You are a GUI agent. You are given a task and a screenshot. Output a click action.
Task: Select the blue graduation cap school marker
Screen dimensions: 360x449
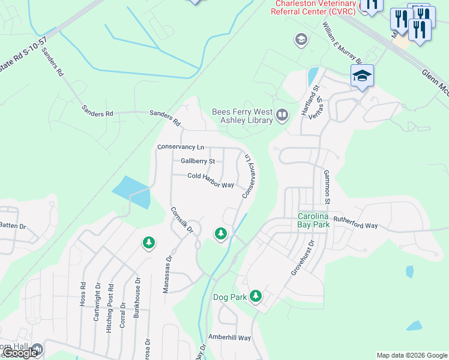coord(362,76)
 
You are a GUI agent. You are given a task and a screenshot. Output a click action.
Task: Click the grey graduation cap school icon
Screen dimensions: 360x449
coord(301,40)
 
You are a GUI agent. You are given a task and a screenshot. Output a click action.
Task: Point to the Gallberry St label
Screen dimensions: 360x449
coord(197,161)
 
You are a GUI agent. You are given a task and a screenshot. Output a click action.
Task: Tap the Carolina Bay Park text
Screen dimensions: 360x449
coord(315,221)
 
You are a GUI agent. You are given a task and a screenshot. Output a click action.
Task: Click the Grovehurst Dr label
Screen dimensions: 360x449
coord(302,258)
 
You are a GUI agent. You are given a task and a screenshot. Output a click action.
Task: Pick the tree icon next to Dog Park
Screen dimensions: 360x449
coord(256,295)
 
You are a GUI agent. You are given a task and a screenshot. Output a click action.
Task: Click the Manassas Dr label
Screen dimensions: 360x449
coord(167,274)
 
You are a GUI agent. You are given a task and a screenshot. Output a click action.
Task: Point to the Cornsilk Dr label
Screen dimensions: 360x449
coord(181,220)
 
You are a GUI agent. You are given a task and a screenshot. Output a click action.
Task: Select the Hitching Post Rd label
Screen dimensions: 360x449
coord(110,300)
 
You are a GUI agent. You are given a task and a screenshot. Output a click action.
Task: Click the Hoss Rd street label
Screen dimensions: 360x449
coord(83,295)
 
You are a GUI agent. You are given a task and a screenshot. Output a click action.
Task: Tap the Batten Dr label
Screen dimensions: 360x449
coord(13,226)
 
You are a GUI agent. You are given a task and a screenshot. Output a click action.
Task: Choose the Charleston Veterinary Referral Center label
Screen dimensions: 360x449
coord(316,6)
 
